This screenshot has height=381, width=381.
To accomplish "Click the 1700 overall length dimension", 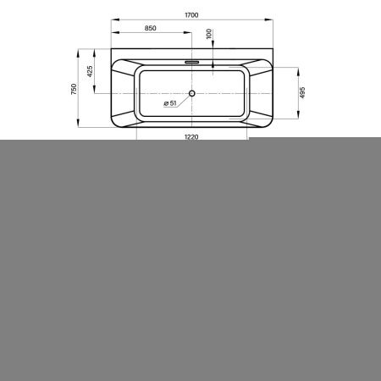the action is click(191, 15).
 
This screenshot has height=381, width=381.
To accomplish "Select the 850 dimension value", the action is click(150, 28).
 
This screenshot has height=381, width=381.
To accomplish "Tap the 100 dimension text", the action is click(209, 34).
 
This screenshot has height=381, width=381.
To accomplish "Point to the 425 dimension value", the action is click(90, 71).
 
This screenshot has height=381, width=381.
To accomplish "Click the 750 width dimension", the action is click(74, 89).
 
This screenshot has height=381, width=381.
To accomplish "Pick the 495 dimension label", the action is click(302, 92).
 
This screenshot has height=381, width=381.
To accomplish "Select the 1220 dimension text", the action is click(191, 137).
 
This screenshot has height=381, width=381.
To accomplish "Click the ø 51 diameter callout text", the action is click(170, 103).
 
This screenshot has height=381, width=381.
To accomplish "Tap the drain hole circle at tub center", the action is click(192, 93).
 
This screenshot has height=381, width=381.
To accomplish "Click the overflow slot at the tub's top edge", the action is click(192, 62).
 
